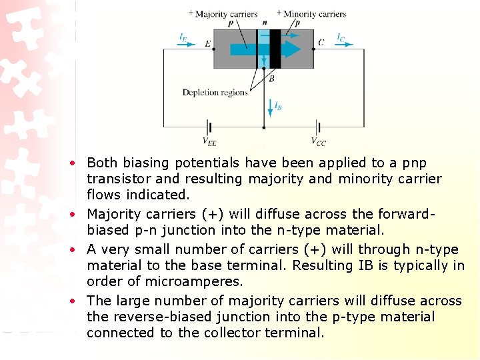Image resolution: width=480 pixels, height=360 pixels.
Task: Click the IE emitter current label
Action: point(183,37)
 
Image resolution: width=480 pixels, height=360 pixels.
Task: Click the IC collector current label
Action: point(341,37)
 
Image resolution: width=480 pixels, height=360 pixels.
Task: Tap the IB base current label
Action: point(278,105)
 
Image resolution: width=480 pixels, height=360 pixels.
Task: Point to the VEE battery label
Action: point(209,141)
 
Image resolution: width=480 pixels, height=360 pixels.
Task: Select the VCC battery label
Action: point(319,141)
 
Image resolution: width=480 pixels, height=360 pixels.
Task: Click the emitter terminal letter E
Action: point(208,44)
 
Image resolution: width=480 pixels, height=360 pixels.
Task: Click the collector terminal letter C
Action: point(321,43)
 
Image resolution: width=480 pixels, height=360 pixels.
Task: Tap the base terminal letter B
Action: point(271,79)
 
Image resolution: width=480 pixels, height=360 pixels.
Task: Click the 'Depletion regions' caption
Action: point(215,93)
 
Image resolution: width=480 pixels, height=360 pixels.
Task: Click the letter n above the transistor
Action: point(265,22)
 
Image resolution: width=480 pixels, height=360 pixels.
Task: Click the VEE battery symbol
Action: point(209,126)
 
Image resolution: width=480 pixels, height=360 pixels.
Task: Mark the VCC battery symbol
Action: point(318,126)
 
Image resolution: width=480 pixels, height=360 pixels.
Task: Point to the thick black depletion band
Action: point(275,49)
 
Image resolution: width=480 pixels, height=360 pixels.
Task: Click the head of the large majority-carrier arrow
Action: point(291,49)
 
